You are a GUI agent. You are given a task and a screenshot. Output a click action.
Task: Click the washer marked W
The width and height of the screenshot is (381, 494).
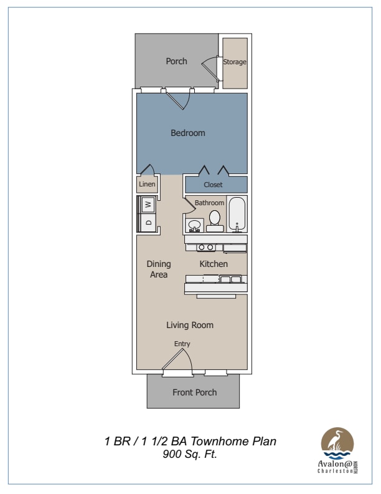tap(148, 204)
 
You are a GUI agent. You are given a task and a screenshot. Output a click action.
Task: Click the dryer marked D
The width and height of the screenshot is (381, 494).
tap(148, 223)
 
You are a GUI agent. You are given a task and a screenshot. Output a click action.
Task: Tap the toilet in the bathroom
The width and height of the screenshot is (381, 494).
tap(215, 221)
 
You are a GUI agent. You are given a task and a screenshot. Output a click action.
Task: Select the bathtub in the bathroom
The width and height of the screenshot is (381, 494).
tap(237, 214)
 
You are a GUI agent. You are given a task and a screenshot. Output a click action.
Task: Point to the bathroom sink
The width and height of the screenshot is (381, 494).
tap(194, 225)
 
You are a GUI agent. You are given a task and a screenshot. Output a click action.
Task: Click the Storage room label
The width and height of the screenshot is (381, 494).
tap(235, 62)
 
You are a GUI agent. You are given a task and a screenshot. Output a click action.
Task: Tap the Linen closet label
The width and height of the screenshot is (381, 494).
tap(147, 184)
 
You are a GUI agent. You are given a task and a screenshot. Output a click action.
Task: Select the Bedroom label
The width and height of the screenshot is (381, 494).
tap(188, 133)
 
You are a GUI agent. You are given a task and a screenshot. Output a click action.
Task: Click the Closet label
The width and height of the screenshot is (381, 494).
tap(213, 185)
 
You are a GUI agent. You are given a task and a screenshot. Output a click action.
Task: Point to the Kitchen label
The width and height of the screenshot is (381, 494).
tap(214, 264)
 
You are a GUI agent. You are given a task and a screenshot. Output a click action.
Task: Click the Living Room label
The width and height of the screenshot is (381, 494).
tap(190, 325)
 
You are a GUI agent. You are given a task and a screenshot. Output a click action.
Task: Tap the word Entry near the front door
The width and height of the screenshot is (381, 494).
tap(182, 344)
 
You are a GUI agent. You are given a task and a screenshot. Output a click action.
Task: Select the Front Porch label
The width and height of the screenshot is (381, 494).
tap(195, 392)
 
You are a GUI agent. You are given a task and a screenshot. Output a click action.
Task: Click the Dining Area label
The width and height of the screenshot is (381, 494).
tap(159, 269)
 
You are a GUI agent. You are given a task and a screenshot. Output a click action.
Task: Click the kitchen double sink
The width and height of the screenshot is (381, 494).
tap(230, 279)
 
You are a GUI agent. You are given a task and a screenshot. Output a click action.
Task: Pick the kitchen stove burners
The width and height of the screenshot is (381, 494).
tap(206, 248)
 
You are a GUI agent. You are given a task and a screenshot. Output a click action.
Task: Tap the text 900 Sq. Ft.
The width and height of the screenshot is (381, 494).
tap(190, 454)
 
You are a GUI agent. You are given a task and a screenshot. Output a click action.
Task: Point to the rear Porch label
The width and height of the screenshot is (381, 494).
tap(176, 61)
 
